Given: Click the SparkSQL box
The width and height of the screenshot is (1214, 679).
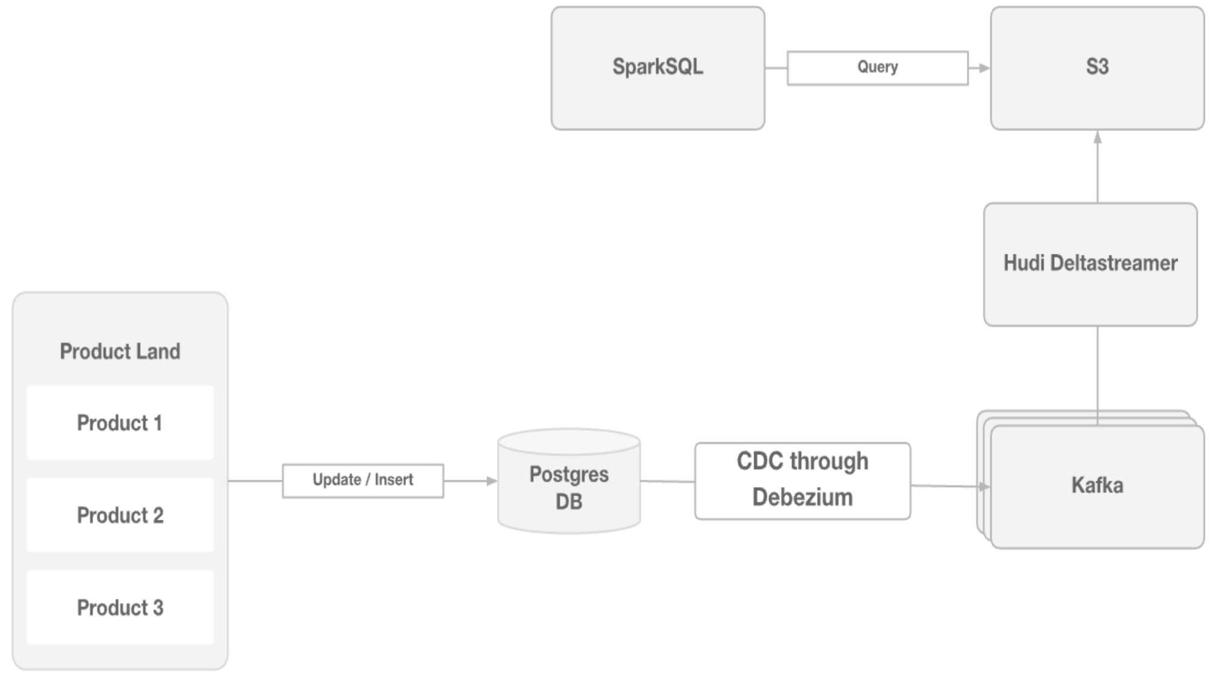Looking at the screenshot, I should point(658,68).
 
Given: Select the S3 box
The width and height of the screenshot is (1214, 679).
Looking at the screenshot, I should point(1097,68).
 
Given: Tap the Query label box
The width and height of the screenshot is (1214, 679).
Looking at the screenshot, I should point(878,68).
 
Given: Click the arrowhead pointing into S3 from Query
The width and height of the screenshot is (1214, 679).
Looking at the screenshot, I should point(984,68).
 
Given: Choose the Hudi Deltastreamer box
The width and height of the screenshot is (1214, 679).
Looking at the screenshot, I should point(1090,264).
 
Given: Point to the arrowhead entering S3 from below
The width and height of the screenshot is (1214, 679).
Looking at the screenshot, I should point(1097,138).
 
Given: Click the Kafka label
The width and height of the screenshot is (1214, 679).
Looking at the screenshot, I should point(1097,485).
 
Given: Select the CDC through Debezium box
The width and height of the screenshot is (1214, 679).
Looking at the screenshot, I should point(802,480).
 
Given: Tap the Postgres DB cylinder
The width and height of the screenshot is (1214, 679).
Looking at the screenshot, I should point(569,483).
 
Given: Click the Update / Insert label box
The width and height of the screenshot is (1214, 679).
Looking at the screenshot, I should point(363,480).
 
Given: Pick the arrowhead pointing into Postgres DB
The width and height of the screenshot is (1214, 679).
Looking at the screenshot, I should point(491,481).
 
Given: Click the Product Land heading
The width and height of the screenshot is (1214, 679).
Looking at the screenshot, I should point(120,351).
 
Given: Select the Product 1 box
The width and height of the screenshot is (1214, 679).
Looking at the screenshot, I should point(120,423).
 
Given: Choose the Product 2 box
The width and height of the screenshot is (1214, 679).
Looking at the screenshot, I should point(120,515).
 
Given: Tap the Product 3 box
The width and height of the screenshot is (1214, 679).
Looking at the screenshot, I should point(120,607).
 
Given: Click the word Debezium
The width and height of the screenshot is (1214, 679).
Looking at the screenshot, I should point(802,497).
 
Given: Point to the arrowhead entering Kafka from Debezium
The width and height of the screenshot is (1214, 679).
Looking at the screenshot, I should point(983,486).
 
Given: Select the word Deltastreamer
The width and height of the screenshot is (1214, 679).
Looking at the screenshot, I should point(1114,263).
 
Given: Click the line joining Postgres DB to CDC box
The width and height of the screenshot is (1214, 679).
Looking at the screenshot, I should point(667,482).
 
